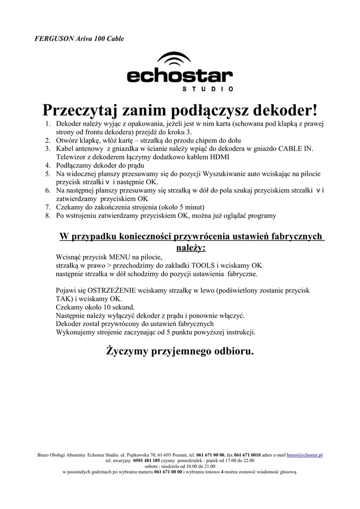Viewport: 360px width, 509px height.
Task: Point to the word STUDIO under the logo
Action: pos(205,89)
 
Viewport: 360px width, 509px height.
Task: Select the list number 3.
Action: pos(48,149)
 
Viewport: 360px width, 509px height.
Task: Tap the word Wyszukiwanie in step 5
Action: pos(211,173)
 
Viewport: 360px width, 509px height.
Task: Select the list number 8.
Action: pos(48,215)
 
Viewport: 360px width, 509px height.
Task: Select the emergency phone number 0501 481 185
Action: pos(147,461)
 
